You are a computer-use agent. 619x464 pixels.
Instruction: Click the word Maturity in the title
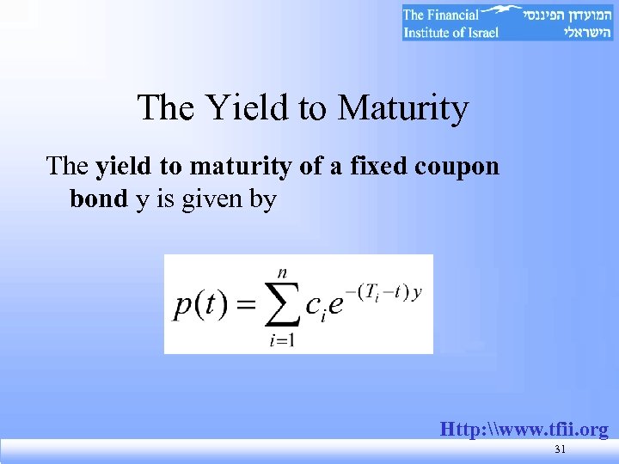click(403, 108)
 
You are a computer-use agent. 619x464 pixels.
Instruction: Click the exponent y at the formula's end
click(418, 292)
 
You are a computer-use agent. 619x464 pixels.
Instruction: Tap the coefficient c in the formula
click(315, 307)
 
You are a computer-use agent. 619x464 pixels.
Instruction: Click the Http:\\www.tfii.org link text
click(524, 429)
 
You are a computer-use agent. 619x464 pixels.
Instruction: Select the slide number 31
click(561, 450)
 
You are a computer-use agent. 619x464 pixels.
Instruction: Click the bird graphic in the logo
click(504, 12)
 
